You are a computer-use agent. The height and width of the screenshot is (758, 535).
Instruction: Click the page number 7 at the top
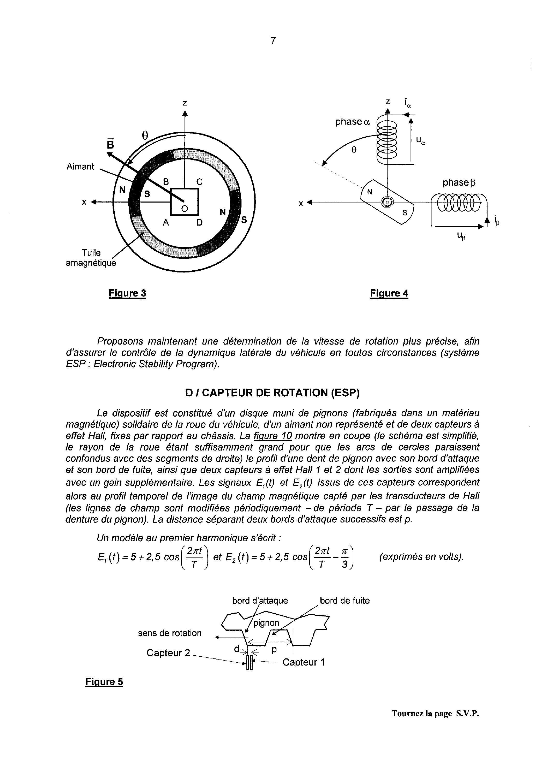tap(273, 41)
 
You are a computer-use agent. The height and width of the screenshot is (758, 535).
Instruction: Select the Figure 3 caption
tap(127, 293)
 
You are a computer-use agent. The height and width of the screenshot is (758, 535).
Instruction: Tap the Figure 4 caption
tap(389, 293)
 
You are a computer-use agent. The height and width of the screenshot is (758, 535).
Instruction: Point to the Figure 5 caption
tap(104, 682)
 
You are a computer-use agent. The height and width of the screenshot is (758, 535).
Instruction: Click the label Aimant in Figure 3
tap(80, 166)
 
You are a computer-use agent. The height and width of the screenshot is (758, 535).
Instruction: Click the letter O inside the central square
tap(185, 209)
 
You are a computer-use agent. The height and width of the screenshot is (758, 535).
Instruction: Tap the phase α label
tap(352, 122)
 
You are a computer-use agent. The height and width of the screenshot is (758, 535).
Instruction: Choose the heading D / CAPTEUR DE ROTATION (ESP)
tap(272, 393)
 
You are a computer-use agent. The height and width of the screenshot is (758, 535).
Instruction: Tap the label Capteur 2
tap(168, 653)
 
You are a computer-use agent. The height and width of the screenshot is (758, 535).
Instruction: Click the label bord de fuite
tap(345, 601)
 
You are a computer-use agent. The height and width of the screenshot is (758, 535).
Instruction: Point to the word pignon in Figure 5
tap(266, 623)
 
